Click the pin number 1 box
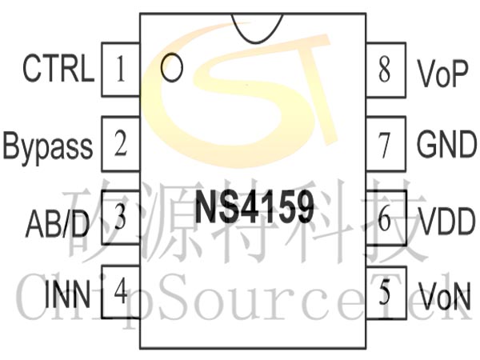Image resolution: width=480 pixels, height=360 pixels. point(121,70)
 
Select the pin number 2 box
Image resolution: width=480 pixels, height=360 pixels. point(121,145)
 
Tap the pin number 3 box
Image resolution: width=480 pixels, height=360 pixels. point(121,218)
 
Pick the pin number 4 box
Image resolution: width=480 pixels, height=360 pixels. point(121,291)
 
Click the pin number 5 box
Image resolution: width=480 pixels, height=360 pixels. point(385,293)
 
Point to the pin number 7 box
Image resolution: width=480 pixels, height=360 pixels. point(385,145)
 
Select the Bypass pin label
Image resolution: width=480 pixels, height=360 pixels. point(48,146)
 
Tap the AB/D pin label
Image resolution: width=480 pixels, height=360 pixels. point(57,220)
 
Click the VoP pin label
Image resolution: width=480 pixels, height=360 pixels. point(442,74)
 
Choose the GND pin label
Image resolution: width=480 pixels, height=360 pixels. point(446,146)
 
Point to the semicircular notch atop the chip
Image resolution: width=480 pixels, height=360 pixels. point(254,26)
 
